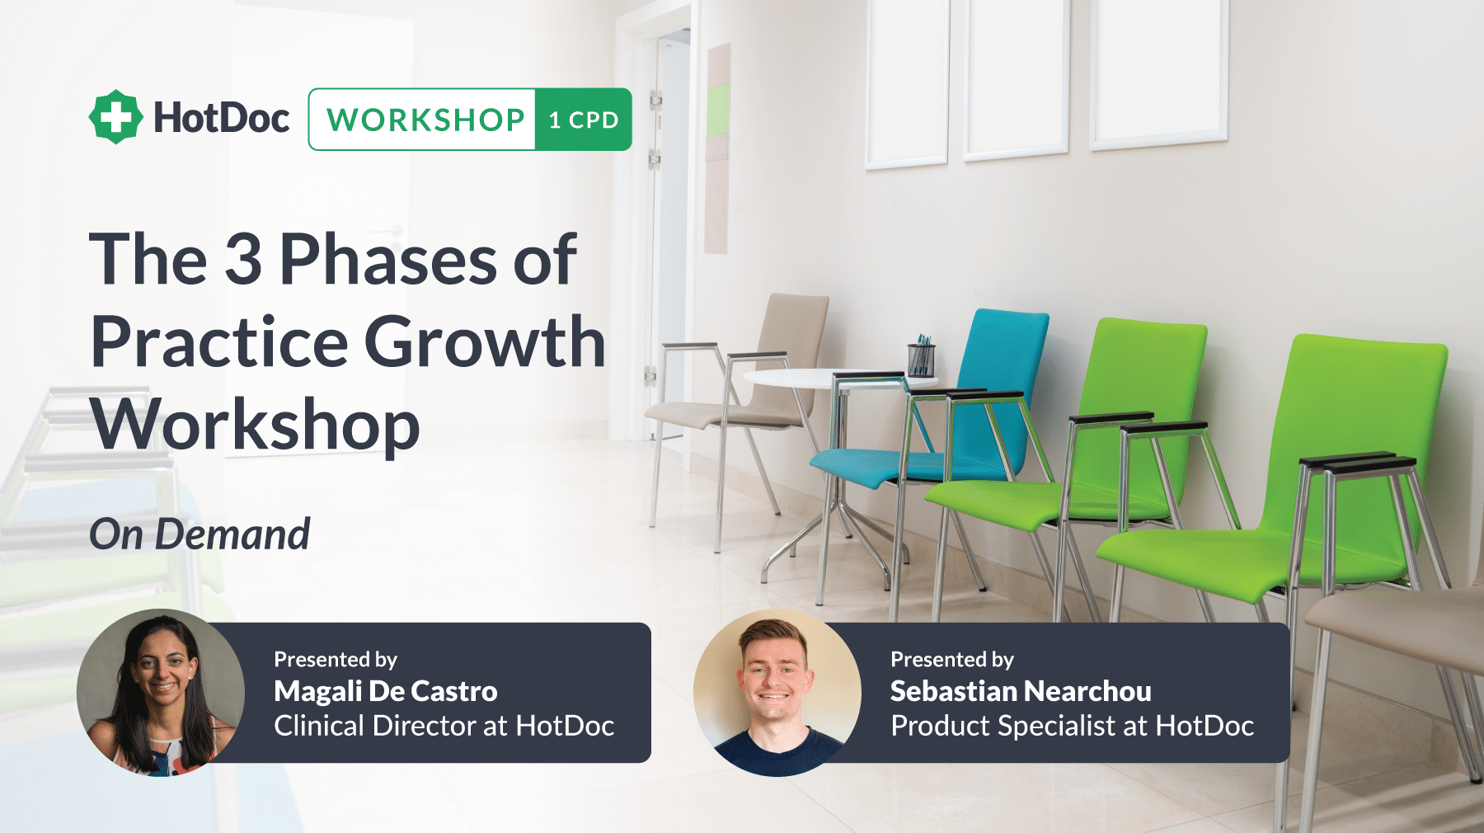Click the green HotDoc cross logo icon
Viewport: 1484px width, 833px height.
[x=115, y=117]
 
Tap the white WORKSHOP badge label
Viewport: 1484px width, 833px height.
[x=423, y=120]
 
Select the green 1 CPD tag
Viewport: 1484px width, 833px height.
[x=584, y=120]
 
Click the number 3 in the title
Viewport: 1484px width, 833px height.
[x=243, y=259]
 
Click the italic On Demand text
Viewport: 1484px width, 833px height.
[x=200, y=534]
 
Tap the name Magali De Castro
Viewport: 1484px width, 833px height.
[x=386, y=691]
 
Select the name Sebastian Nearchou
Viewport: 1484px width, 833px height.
[x=1021, y=691]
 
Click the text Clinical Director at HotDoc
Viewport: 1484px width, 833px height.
[x=444, y=726]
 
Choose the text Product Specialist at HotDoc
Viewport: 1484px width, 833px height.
[x=1073, y=726]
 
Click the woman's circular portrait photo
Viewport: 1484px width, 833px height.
[x=161, y=693]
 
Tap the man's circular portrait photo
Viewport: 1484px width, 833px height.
[x=777, y=693]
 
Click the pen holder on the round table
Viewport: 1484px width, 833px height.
[x=921, y=356]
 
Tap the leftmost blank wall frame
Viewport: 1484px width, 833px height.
[x=907, y=82]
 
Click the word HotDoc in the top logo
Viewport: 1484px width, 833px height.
[x=221, y=118]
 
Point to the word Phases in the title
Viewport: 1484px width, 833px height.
[x=388, y=259]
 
